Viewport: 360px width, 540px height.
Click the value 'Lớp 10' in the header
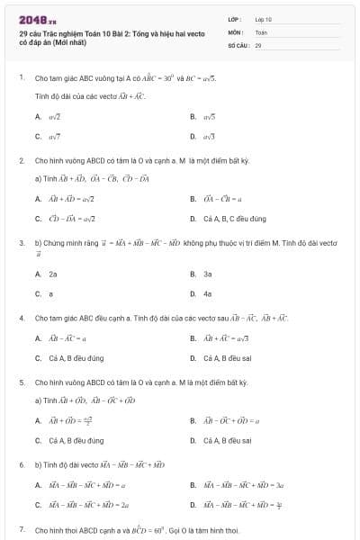tap(264, 18)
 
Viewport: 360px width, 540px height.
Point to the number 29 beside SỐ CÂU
tap(258, 44)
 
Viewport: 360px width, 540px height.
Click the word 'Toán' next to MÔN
tap(261, 31)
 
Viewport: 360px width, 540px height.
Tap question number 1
tap(21, 77)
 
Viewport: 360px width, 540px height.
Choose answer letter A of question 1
tap(38, 117)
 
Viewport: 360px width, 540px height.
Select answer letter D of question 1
tap(193, 136)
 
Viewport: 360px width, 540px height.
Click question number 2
tap(21, 160)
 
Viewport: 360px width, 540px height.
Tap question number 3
tap(21, 242)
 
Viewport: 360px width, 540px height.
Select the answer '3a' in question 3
tap(207, 274)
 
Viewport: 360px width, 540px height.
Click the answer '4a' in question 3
tap(207, 293)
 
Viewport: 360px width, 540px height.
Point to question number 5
tap(21, 382)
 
